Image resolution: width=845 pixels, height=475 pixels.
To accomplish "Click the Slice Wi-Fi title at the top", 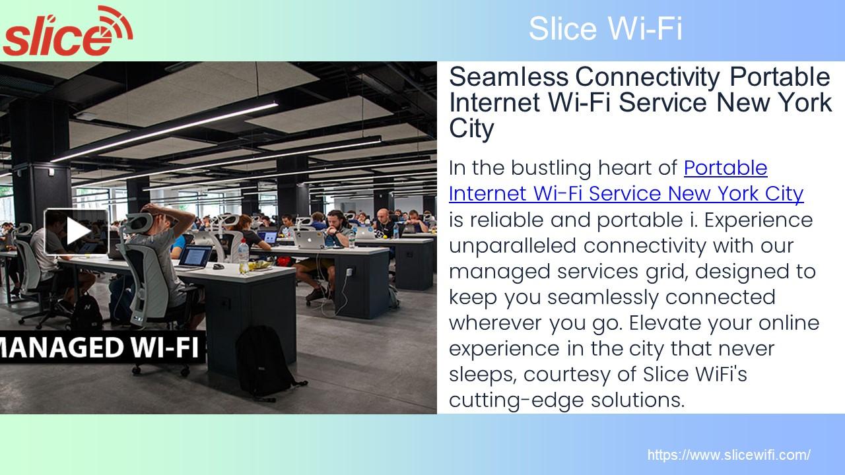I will pyautogui.click(x=605, y=29).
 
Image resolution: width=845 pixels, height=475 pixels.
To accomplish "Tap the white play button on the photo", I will pyautogui.click(x=77, y=231).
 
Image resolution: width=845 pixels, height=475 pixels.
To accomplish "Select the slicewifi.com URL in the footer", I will pyautogui.click(x=728, y=455).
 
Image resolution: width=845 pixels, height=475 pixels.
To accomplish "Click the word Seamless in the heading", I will pyautogui.click(x=508, y=78).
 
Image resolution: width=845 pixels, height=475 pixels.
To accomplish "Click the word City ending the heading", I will pyautogui.click(x=471, y=129).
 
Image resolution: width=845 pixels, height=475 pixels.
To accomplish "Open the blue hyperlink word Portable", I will pyautogui.click(x=726, y=168).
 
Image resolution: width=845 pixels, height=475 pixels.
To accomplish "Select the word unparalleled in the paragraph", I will pyautogui.click(x=513, y=245).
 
